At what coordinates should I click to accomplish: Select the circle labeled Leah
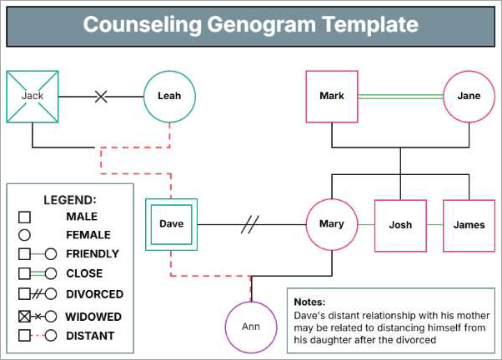click(x=169, y=96)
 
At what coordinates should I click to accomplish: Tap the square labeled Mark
click(x=331, y=96)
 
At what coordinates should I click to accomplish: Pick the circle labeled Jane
click(x=469, y=96)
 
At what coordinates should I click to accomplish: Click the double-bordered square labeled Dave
click(x=171, y=224)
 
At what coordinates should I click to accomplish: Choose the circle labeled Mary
click(x=331, y=224)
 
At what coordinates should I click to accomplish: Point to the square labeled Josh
click(x=400, y=225)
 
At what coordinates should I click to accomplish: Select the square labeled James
click(x=469, y=225)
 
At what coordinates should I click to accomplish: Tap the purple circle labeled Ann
click(x=251, y=326)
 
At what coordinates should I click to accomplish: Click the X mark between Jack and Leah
click(x=101, y=96)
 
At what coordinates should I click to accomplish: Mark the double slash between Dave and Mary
click(x=250, y=224)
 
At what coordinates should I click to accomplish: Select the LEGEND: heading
click(x=70, y=200)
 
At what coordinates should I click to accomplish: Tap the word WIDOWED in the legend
click(x=93, y=317)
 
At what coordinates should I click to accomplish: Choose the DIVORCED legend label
click(x=94, y=294)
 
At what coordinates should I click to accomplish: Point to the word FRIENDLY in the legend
click(x=92, y=254)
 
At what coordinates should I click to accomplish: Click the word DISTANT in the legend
click(x=90, y=336)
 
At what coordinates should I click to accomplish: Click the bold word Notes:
click(x=310, y=302)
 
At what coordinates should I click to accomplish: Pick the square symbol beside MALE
click(x=24, y=217)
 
